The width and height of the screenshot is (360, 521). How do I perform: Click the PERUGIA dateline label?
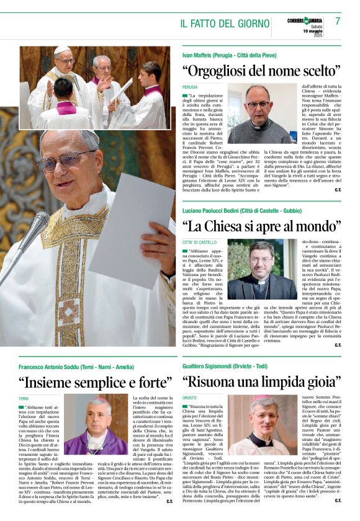(190, 87)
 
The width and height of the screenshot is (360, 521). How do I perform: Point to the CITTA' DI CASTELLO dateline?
(199, 242)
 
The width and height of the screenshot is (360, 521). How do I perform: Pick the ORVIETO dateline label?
(190, 398)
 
